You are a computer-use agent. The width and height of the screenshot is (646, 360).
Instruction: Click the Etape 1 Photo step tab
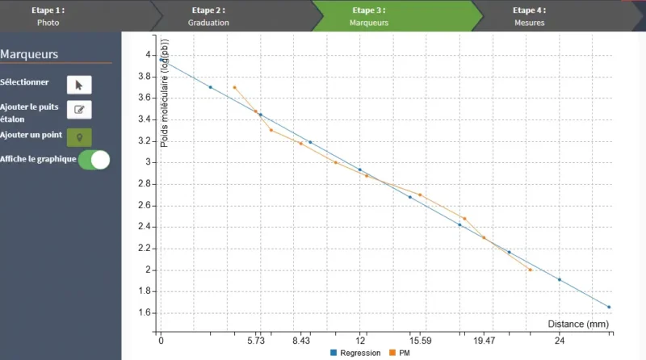click(48, 16)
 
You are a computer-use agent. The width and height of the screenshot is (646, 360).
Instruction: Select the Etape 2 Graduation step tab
click(208, 16)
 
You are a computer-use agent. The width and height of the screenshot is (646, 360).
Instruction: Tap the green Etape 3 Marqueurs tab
click(369, 16)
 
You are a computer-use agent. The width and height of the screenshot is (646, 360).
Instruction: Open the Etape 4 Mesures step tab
click(530, 16)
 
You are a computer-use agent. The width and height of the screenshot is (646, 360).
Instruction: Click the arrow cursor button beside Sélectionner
click(78, 84)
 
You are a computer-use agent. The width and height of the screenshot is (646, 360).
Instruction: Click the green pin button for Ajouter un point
click(78, 136)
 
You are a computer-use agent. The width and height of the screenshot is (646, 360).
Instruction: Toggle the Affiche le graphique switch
click(94, 159)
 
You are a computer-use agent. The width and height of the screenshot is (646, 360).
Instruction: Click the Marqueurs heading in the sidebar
click(29, 54)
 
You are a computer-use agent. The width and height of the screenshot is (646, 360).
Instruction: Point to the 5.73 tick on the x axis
click(256, 341)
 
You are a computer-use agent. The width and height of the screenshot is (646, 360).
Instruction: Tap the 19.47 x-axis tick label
click(484, 341)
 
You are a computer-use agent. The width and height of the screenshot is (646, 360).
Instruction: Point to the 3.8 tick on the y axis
click(144, 76)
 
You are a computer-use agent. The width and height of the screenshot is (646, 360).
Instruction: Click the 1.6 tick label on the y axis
click(144, 313)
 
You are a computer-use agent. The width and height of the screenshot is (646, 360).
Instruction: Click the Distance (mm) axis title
click(577, 324)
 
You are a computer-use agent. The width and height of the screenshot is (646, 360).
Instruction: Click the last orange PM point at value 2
click(530, 270)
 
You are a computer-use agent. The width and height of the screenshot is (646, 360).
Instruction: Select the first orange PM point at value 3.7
click(234, 87)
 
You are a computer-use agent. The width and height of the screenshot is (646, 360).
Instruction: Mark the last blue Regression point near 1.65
click(609, 307)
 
